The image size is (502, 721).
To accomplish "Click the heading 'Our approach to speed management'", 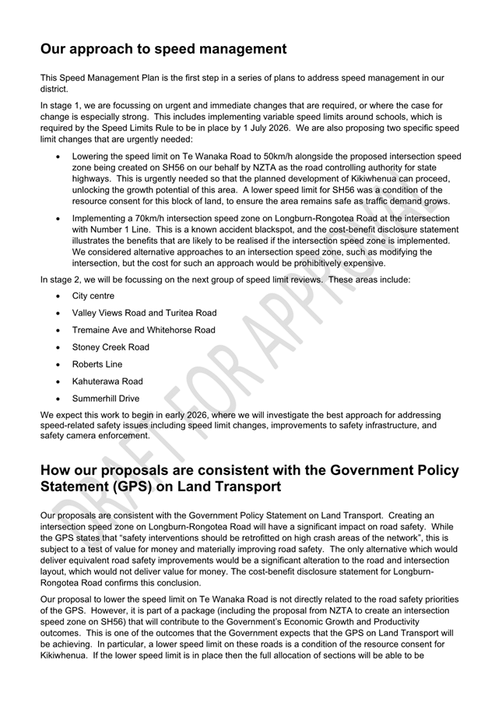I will [x=163, y=49].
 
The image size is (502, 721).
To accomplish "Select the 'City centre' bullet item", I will [x=93, y=296].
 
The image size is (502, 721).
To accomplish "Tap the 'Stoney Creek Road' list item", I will [x=111, y=347].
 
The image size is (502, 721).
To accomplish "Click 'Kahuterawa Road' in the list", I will [x=107, y=382].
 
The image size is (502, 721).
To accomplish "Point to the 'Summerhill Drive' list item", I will [x=106, y=399].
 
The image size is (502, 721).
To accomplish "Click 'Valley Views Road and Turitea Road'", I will [x=144, y=313].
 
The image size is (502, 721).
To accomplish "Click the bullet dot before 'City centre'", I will [x=60, y=296].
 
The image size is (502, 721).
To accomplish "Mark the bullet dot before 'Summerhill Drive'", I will [x=60, y=399].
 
